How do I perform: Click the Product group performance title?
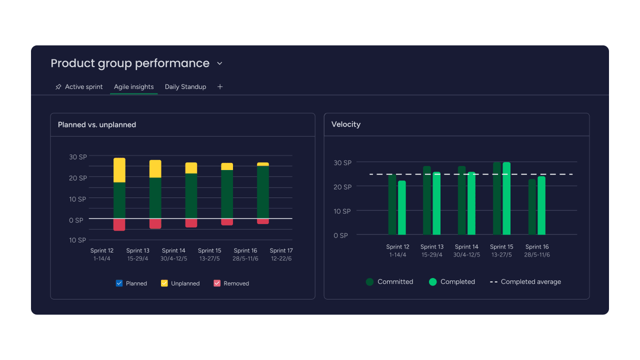130,63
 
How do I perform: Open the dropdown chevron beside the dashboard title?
219,63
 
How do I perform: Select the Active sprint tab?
83,87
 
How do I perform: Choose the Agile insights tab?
133,87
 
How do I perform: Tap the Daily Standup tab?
185,87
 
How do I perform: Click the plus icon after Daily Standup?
220,87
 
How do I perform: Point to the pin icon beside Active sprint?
58,87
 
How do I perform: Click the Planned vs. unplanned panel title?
97,125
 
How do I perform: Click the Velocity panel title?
346,124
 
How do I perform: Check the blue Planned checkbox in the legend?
119,283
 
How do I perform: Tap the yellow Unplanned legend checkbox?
164,283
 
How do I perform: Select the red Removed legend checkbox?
217,283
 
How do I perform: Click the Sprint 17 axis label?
281,251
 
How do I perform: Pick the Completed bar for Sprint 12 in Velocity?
402,207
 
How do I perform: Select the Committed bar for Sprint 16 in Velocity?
532,207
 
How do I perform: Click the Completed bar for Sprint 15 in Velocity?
506,198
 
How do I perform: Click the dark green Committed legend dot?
370,282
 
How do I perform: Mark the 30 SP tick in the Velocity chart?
342,163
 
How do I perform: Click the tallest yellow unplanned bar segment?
119,170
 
